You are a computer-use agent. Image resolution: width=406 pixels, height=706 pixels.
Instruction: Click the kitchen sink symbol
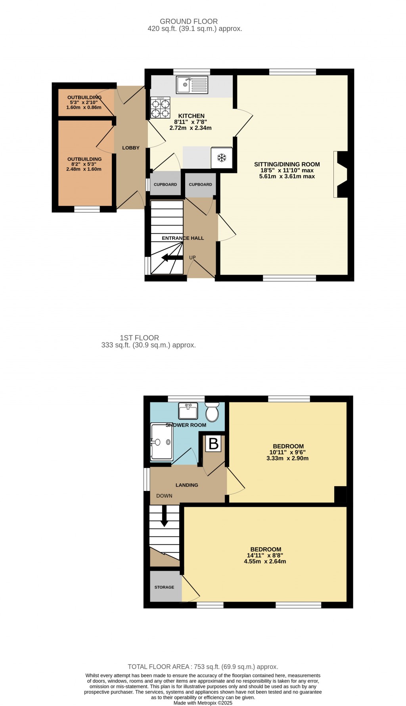[x=192, y=85]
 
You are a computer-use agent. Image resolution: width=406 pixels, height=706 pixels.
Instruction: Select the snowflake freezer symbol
[x=222, y=158]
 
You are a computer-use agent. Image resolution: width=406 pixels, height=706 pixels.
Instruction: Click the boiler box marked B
[x=214, y=443]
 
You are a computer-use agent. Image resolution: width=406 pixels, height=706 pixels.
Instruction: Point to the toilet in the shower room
[x=212, y=412]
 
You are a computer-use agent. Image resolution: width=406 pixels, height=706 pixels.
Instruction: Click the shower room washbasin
[x=188, y=411]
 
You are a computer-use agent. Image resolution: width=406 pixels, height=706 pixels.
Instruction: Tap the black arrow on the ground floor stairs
[x=170, y=258]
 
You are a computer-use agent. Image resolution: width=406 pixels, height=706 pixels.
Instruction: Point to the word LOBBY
[x=131, y=148]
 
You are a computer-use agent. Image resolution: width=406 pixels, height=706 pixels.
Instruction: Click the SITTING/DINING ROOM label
[x=287, y=164]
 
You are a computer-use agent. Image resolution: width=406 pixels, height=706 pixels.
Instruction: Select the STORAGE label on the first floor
[x=164, y=587]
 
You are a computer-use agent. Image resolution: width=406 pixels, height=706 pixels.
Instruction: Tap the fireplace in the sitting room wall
[x=341, y=174]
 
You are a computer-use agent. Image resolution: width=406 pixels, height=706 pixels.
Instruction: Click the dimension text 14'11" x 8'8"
[x=265, y=556]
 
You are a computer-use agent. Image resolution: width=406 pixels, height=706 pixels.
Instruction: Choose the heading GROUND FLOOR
[x=189, y=21]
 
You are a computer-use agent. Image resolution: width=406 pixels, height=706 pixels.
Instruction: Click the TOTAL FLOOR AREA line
[x=203, y=667]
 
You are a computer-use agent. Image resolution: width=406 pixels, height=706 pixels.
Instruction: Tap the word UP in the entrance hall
[x=192, y=258]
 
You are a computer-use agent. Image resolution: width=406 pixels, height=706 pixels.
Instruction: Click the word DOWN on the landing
[x=164, y=496]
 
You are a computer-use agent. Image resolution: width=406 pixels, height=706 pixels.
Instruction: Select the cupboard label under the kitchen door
[x=165, y=185]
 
